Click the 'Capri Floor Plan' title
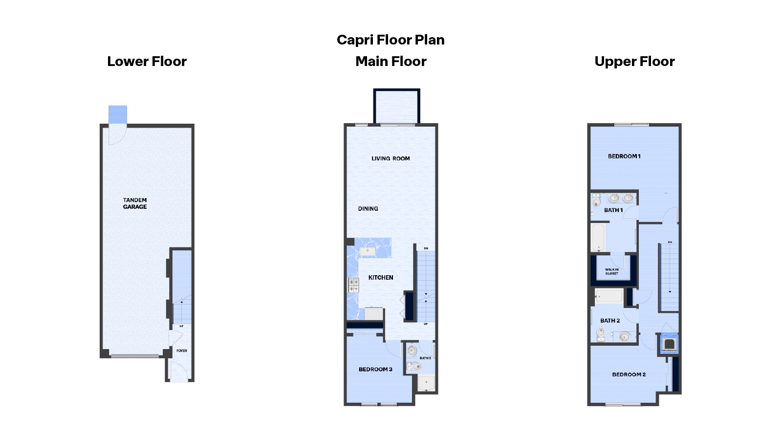(x=391, y=40)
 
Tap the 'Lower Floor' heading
(x=147, y=62)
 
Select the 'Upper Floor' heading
(x=634, y=62)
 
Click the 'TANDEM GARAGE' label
(x=135, y=203)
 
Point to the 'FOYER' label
(x=182, y=351)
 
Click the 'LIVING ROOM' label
(x=391, y=158)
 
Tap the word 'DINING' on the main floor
(x=368, y=209)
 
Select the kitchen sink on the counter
(x=368, y=251)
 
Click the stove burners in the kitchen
(x=353, y=285)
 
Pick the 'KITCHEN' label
(x=381, y=278)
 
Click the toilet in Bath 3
(x=415, y=366)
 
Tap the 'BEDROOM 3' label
(x=375, y=370)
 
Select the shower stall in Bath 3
(x=426, y=383)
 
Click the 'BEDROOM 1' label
(x=624, y=156)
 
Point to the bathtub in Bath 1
(x=599, y=237)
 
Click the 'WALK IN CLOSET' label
(x=612, y=271)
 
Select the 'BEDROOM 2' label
(x=629, y=374)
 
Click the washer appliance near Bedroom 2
(x=670, y=344)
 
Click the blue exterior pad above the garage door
(x=118, y=114)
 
